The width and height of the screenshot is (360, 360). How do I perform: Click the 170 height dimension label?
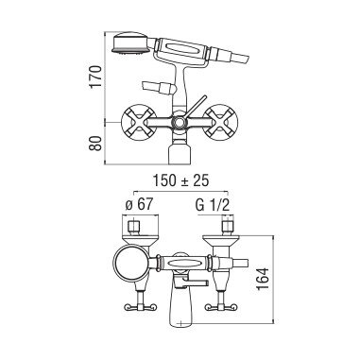95,77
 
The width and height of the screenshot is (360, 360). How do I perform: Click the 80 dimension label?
95,144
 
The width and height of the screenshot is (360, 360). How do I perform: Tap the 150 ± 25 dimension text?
180,180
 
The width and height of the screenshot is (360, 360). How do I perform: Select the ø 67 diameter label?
139,205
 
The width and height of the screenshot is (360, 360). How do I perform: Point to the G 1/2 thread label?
213,205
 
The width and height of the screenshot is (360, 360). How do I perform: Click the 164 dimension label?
263,279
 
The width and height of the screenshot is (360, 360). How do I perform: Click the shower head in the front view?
129,43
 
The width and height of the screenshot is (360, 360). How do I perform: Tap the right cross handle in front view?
220,122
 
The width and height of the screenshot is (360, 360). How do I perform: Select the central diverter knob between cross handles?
179,122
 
